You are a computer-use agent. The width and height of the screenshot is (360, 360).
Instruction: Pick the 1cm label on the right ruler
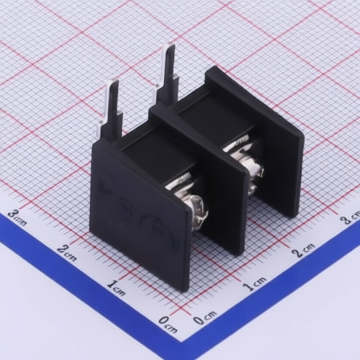pyautogui.click(x=255, y=283)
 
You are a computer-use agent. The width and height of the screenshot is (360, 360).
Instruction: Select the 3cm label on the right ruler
pyautogui.click(x=349, y=219)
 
